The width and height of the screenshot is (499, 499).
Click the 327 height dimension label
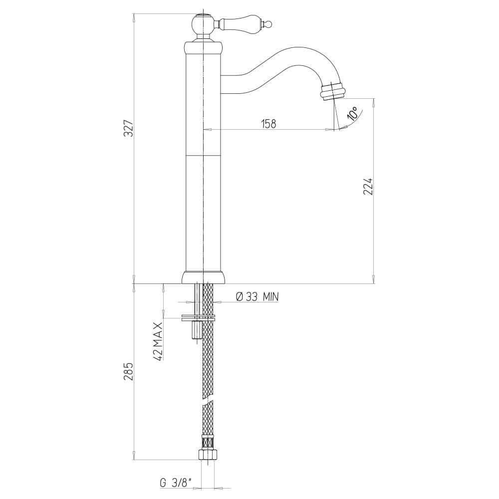click(x=129, y=128)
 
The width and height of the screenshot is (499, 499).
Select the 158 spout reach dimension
click(x=268, y=123)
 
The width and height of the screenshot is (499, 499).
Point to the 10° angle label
click(x=353, y=113)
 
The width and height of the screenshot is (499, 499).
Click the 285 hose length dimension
click(x=129, y=371)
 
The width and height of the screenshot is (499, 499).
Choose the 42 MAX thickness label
click(x=158, y=341)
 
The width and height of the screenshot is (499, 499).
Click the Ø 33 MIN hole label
click(x=257, y=296)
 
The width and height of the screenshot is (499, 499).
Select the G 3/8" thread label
click(x=176, y=483)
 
